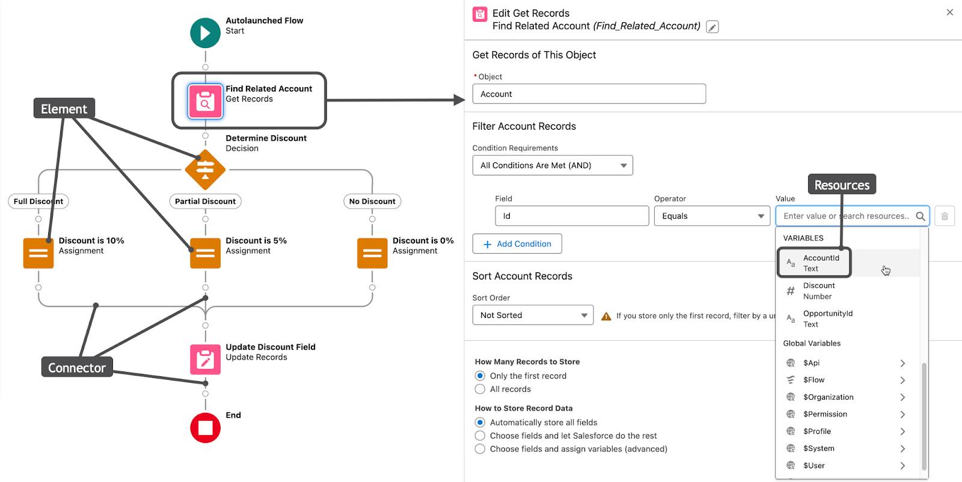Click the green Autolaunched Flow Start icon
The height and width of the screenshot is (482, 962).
[x=205, y=33]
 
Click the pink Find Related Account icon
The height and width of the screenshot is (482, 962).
[x=205, y=101]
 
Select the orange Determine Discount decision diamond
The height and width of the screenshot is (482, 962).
[x=205, y=170]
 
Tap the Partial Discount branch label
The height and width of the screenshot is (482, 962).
[x=205, y=201]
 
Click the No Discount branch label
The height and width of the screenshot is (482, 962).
[x=372, y=201]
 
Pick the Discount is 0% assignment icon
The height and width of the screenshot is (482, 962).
[x=372, y=253]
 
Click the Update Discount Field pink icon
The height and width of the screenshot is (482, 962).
[x=205, y=359]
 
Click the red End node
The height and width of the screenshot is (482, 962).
[x=205, y=428]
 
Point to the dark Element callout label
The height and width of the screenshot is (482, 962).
[x=64, y=109]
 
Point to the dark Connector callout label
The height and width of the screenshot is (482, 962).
[x=76, y=367]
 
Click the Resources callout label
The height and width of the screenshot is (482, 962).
[x=841, y=185]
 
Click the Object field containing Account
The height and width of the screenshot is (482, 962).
[x=589, y=94]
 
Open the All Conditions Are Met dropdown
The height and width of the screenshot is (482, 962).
[x=553, y=165]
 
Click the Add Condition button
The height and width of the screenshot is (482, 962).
[x=517, y=244]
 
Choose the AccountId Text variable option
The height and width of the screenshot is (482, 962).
[x=821, y=263]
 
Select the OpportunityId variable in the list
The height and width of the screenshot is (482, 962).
[x=827, y=319]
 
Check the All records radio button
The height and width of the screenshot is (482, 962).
[x=480, y=389]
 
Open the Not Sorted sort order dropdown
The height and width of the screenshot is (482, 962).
[x=533, y=316]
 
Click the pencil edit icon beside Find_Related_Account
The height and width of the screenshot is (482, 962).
[x=712, y=27]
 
